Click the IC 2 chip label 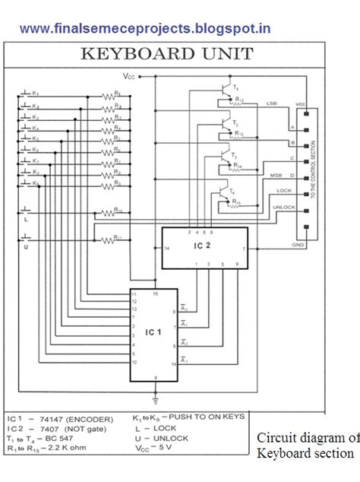[201, 246]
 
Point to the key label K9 [34, 183]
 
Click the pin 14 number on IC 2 [167, 248]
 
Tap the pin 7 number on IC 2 [243, 248]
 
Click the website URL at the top [145, 29]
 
